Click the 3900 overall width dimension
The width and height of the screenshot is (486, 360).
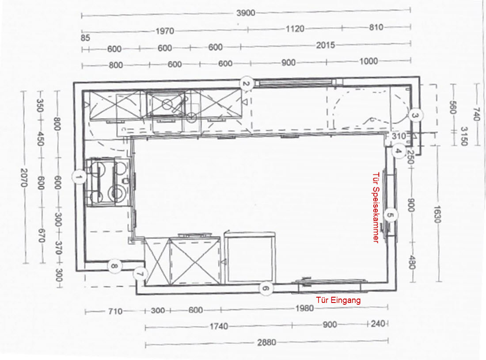pos(246,13)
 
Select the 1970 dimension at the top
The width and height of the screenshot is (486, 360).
pos(165,31)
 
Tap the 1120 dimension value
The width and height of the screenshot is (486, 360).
pos(295,29)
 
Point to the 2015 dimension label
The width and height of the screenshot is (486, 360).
pos(326,45)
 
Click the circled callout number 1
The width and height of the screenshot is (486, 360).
pos(78,177)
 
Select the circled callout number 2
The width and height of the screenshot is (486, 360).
pos(246,84)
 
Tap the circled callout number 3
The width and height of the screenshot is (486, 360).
pos(415,115)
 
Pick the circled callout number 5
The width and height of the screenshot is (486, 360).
pos(391,215)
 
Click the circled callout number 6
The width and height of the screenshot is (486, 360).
pos(266,289)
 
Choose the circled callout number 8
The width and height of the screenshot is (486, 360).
pos(114,266)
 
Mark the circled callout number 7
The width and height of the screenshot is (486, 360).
pos(140,274)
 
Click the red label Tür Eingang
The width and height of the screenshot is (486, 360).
pos(338,300)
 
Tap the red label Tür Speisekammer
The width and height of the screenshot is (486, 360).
pos(376,207)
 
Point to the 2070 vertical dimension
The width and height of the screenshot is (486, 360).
pos(24,178)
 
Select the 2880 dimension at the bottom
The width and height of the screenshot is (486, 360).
pos(266,343)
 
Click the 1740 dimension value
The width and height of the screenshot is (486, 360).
pos(219,326)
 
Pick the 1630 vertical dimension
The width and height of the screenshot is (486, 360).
pos(437,214)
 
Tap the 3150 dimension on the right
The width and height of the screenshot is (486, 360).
pos(463,136)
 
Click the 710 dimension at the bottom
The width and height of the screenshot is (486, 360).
pos(115,311)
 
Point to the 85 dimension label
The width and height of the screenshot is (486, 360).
pos(85,38)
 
